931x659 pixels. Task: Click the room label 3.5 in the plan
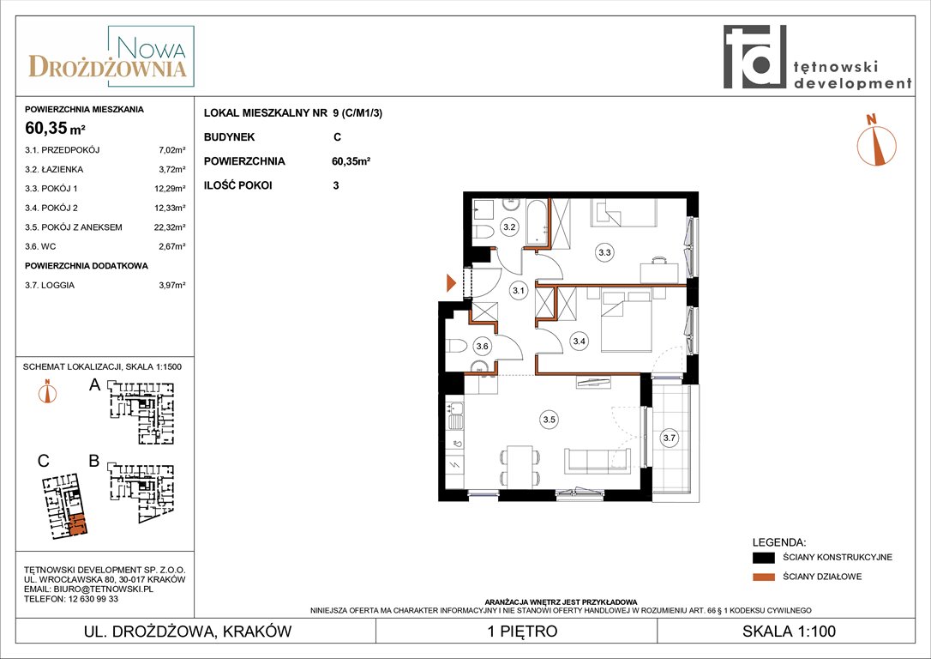[x=550, y=420]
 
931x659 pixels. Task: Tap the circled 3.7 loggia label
[x=670, y=438]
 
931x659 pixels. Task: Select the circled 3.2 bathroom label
[x=509, y=227]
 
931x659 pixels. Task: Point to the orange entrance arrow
[x=451, y=283]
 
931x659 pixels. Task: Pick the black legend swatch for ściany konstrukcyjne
[x=764, y=558]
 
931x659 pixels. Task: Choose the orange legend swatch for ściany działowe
[x=764, y=577]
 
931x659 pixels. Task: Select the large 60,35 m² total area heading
[x=55, y=127]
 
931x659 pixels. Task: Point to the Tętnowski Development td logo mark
[x=754, y=57]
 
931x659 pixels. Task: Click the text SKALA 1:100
[x=789, y=631]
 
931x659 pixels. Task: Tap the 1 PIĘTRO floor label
[x=522, y=631]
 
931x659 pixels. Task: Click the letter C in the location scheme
[x=44, y=461]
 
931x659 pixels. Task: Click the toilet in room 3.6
[x=457, y=346]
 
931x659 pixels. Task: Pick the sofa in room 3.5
[x=598, y=461]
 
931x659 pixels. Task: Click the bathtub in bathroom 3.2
[x=538, y=223]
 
